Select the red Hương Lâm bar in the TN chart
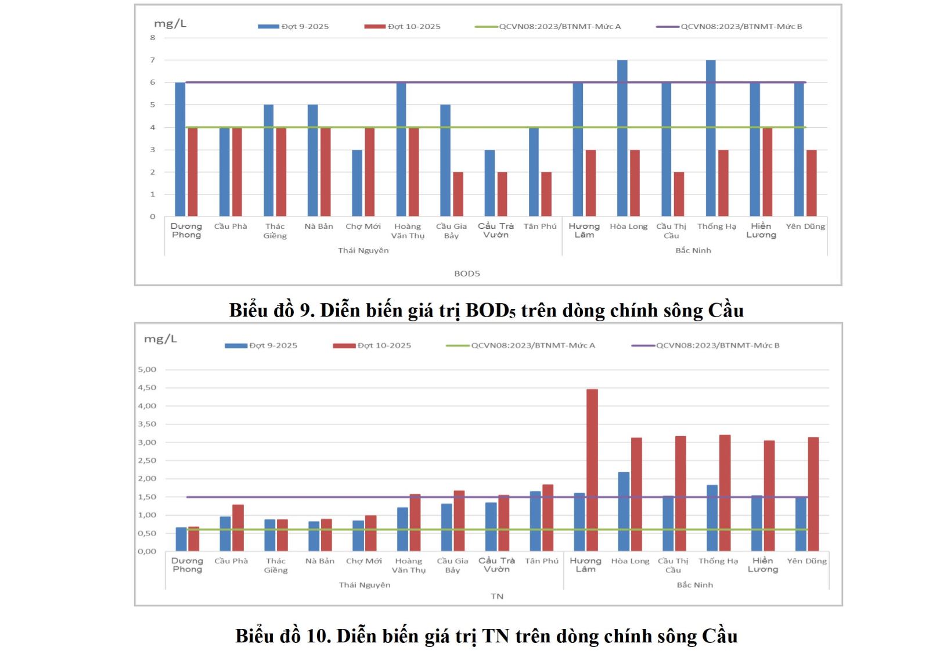coord(592,470)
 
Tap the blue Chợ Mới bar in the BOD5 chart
coord(357,183)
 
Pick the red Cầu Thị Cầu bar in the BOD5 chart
coord(679,194)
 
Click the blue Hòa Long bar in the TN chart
coord(624,512)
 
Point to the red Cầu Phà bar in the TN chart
coord(238,528)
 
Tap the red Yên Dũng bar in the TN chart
coord(813,494)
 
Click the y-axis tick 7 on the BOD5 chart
coord(153,60)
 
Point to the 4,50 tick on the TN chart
coord(147,387)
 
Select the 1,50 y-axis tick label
coord(147,497)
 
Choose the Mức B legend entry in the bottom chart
coord(718,346)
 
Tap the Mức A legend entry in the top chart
coord(560,27)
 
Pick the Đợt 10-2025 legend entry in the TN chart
coord(384,346)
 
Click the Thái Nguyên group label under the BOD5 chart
coord(363,250)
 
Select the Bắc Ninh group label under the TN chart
coord(694,585)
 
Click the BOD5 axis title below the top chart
coord(467,274)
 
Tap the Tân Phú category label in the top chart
coord(540,226)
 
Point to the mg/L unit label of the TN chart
coord(160,339)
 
